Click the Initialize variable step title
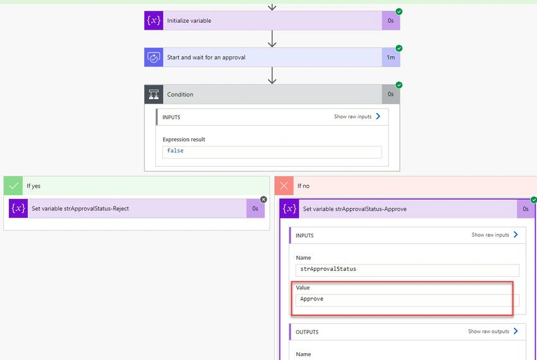click(x=189, y=21)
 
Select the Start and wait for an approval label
click(x=206, y=57)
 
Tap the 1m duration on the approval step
click(x=391, y=57)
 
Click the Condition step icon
click(x=154, y=94)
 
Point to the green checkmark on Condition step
click(x=399, y=85)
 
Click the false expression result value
click(x=176, y=150)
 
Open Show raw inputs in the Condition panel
click(x=357, y=116)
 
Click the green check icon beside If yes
click(x=13, y=186)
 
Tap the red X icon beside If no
click(x=284, y=186)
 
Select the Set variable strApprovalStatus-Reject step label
click(x=80, y=208)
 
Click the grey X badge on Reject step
click(x=263, y=200)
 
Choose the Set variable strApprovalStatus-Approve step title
click(x=355, y=209)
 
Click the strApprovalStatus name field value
click(x=328, y=269)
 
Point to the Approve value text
click(x=311, y=299)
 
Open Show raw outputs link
click(x=493, y=331)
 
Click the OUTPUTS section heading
click(x=307, y=332)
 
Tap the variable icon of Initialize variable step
click(x=154, y=21)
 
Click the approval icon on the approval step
click(x=154, y=57)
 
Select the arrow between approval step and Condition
click(x=272, y=75)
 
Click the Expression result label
click(x=184, y=140)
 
